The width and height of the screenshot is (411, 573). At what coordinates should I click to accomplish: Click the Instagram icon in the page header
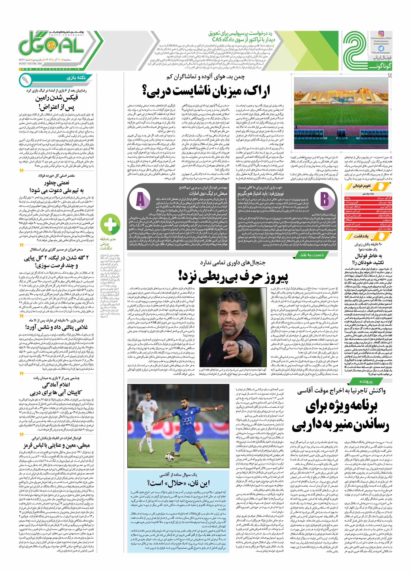pos(381,34)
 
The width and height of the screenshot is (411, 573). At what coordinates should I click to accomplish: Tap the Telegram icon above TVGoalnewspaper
pos(381,48)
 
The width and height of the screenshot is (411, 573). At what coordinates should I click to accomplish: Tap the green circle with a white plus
pos(110,223)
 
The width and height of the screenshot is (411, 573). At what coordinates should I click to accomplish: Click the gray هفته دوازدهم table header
pos(368,194)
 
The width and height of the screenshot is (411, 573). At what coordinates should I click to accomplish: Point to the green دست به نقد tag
pos(312,255)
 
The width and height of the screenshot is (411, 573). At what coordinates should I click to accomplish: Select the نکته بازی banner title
pos(76,78)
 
